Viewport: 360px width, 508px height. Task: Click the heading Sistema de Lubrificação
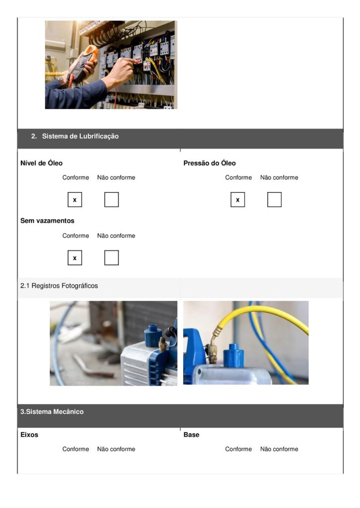pos(80,136)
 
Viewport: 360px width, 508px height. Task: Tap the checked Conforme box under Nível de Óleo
pos(75,200)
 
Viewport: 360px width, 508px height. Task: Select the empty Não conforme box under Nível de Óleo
pos(112,200)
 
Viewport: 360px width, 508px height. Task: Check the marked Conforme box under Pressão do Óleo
pos(238,200)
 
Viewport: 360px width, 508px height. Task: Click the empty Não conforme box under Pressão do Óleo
pos(275,200)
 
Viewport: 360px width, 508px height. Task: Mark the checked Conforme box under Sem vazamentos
pos(75,258)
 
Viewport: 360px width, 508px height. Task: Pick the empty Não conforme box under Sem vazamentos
pos(112,258)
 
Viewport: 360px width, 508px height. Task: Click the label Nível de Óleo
pos(42,163)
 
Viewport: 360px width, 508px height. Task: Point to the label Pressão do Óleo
pos(210,163)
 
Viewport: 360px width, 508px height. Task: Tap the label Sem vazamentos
pos(47,221)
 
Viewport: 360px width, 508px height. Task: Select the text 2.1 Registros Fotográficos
pos(59,286)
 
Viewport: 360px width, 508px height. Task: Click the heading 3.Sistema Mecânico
pos(52,412)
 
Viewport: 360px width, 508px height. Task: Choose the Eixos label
pos(29,435)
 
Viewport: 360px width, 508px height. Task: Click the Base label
pos(192,435)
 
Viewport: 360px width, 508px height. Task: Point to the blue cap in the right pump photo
pos(233,356)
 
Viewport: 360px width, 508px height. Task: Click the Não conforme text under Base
pos(279,449)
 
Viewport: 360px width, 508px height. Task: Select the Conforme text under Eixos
pos(75,449)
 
